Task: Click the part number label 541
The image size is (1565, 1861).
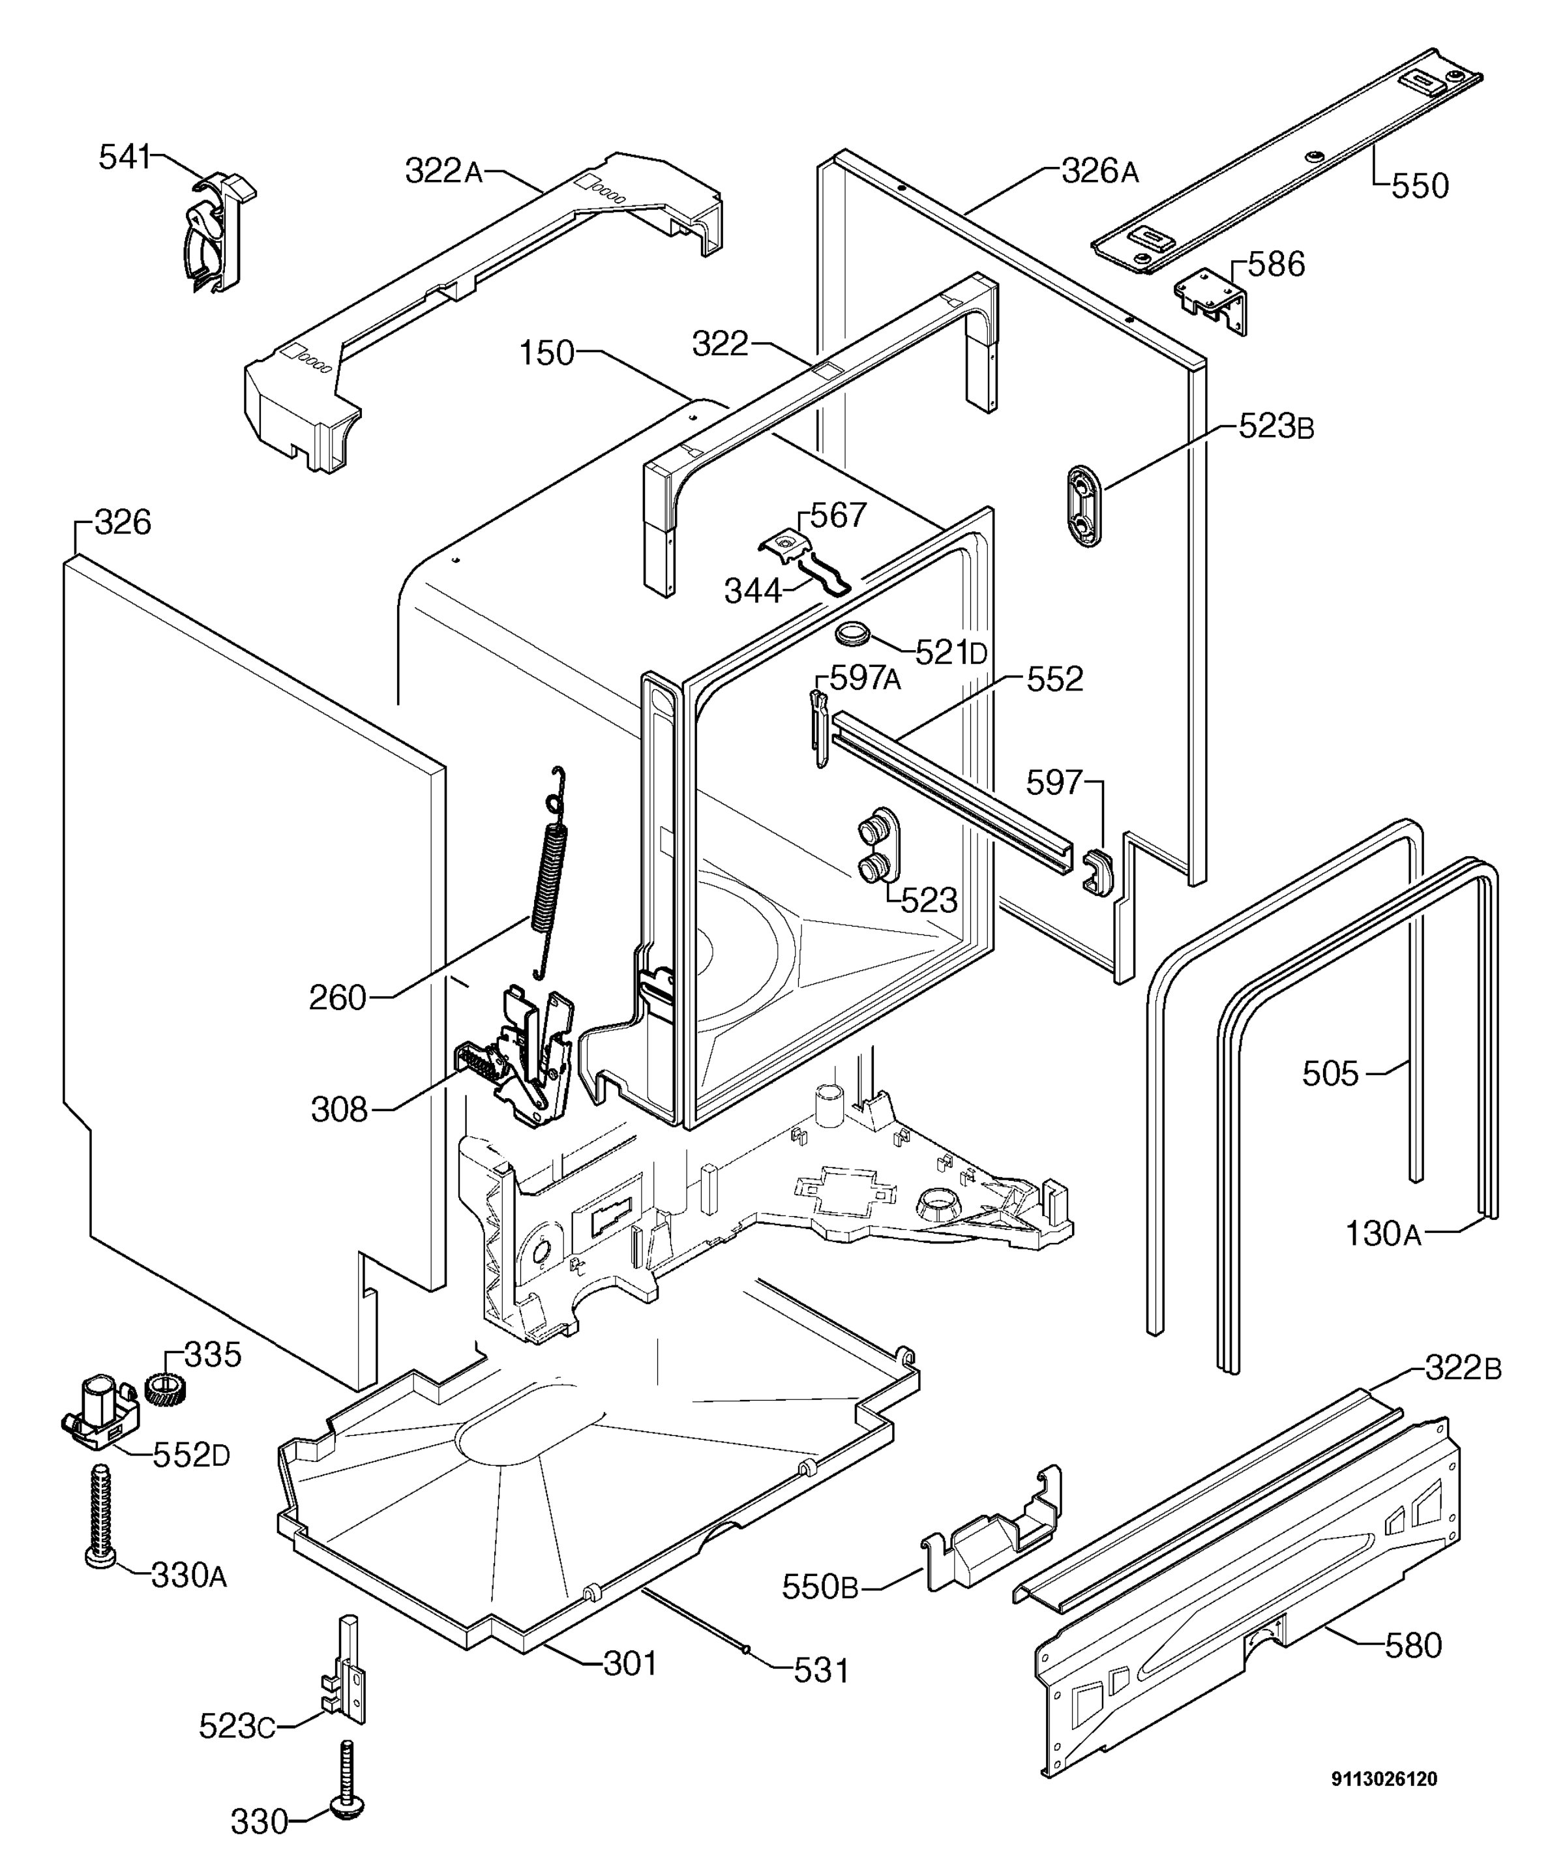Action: (x=125, y=157)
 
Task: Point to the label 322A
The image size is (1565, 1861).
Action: (x=443, y=170)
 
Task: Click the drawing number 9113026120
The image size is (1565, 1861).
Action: (x=1384, y=1778)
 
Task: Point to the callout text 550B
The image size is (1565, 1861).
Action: (x=820, y=1587)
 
